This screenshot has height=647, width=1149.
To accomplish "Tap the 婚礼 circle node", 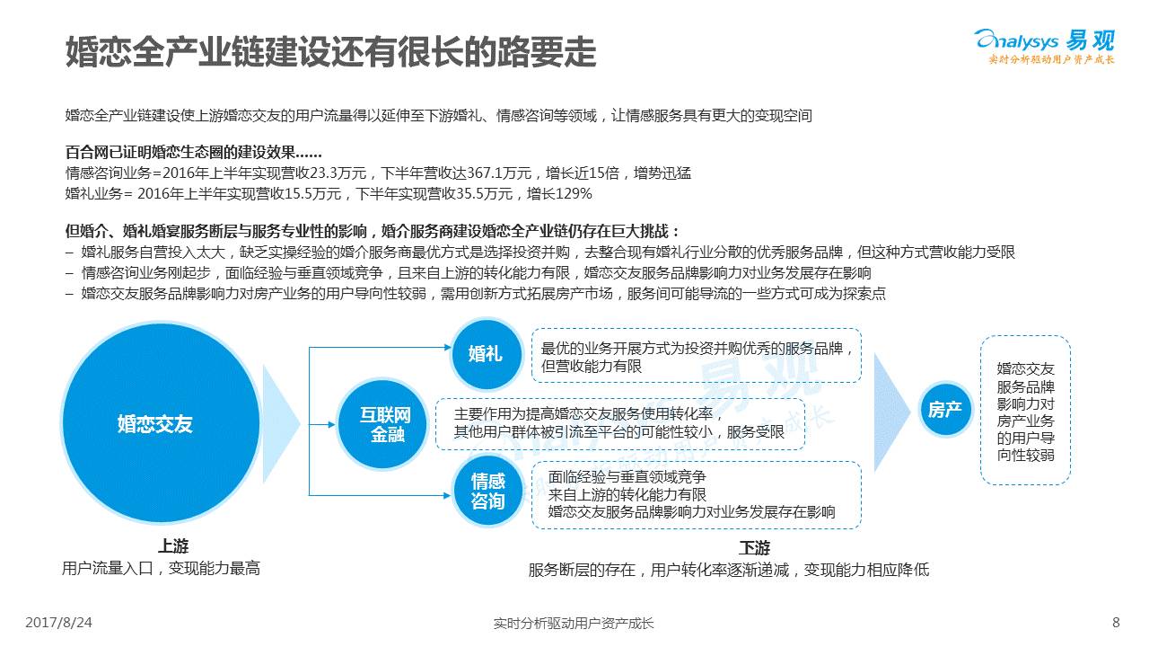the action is click(486, 353).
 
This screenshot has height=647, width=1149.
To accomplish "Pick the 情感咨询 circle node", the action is click(487, 492).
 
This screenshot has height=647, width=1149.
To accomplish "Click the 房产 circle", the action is click(945, 410).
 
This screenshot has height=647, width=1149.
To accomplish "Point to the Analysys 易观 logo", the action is click(1044, 45).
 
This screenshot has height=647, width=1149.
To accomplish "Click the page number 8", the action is click(1116, 622).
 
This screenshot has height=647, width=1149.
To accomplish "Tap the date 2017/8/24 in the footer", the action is click(59, 622).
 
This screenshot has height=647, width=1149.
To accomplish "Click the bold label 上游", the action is click(173, 546).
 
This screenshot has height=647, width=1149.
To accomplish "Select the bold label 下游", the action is click(754, 547).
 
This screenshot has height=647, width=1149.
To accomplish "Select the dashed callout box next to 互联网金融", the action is click(619, 423).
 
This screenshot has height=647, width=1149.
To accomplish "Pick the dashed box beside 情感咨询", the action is click(696, 493).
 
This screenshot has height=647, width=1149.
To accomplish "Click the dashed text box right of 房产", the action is click(1025, 411).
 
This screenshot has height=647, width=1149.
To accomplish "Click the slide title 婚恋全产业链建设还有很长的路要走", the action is click(331, 53).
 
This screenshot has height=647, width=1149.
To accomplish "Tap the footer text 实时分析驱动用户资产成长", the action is click(574, 623).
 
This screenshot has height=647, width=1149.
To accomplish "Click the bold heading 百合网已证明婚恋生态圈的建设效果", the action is click(194, 153).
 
